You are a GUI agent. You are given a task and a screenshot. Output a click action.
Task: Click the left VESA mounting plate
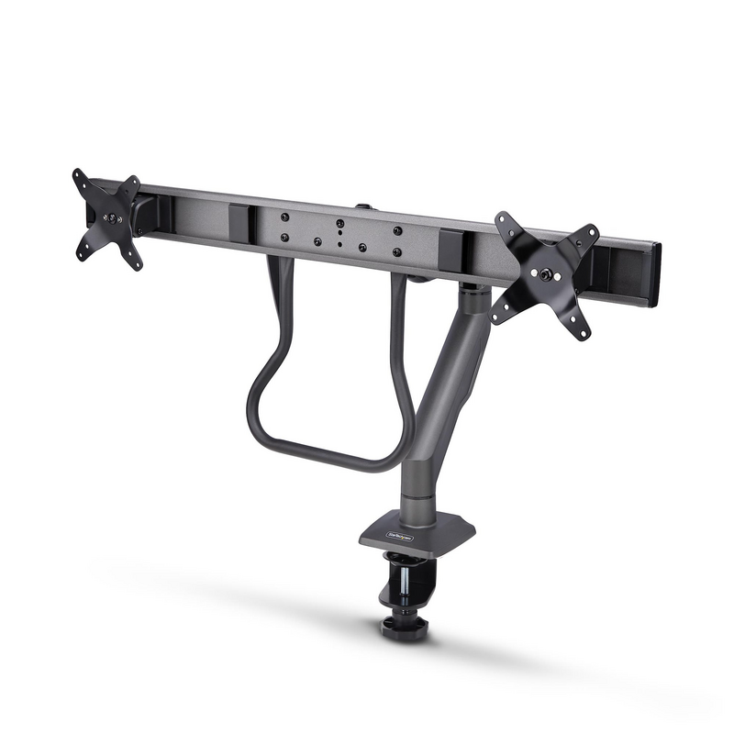tap(108, 218)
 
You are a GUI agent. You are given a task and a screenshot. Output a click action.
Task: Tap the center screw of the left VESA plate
tap(111, 219)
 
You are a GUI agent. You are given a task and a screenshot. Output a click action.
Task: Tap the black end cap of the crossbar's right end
tap(654, 275)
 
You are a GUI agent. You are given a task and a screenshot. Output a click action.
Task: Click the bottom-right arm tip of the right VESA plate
tap(581, 332)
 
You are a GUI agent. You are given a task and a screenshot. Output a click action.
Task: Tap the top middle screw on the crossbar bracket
tap(339, 223)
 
